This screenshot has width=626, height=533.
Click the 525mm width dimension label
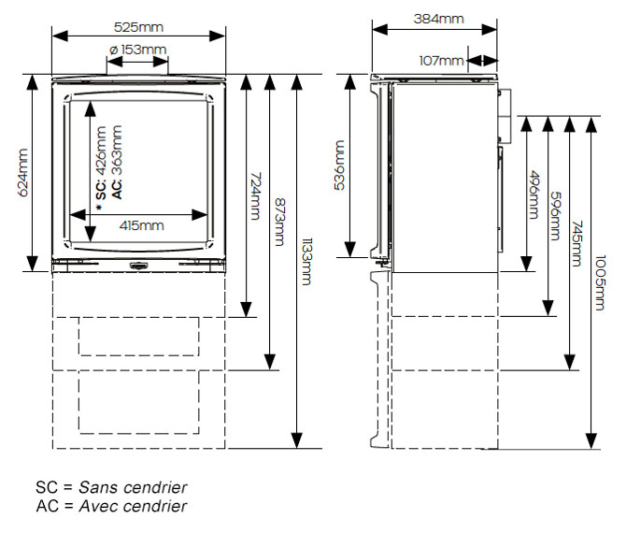[x=139, y=18]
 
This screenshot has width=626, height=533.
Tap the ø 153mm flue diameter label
[x=137, y=50]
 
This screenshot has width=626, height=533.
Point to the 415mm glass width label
[x=141, y=225]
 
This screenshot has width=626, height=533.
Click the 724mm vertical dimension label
[x=254, y=197]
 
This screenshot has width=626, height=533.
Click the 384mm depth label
[x=436, y=18]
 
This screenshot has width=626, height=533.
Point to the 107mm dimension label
[x=441, y=61]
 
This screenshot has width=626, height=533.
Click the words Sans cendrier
[x=133, y=487]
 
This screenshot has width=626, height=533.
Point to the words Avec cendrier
[x=132, y=506]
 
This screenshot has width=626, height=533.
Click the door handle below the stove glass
[x=137, y=265]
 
